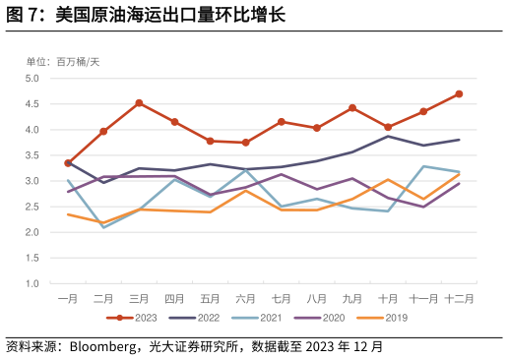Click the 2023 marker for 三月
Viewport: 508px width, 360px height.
(139, 103)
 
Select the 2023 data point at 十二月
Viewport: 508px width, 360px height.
(459, 94)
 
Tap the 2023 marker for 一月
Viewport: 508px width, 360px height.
(68, 163)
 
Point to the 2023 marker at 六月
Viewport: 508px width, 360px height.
(245, 143)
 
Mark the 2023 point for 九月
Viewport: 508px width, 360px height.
(352, 108)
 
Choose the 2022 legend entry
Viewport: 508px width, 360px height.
(195, 318)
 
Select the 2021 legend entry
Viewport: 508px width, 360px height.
(257, 318)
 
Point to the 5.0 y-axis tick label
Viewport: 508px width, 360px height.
(32, 79)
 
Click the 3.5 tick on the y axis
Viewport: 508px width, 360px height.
(32, 155)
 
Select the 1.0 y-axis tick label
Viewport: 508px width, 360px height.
(32, 284)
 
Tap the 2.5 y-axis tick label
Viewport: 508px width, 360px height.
(32, 208)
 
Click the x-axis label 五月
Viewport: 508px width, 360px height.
(210, 298)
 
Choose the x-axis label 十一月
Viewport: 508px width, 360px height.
(423, 298)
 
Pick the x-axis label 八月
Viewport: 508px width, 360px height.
(316, 298)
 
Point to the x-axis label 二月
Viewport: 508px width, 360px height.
(103, 298)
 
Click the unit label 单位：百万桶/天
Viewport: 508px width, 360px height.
(63, 62)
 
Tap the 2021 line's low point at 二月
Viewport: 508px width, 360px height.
(103, 227)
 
